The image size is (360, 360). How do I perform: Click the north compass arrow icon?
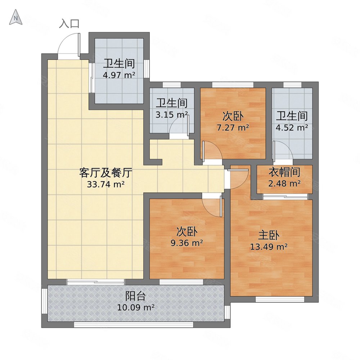pos(16,18)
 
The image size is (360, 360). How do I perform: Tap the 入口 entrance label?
pos(69,24)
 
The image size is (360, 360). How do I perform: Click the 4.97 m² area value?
pos(119,76)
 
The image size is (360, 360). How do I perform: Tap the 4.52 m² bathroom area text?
pos(292,127)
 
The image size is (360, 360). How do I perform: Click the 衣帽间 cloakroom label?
pos(284,172)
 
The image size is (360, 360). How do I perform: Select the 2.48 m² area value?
pos(284,183)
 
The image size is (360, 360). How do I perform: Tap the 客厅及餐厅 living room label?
pos(105,173)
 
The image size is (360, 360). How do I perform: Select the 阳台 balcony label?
pos(136,296)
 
